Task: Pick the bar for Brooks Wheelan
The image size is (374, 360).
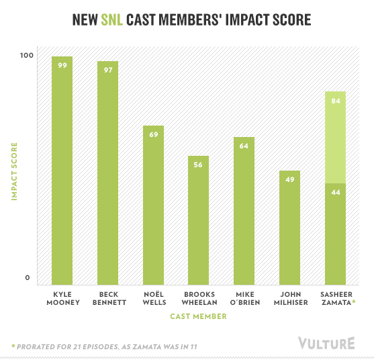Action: (x=198, y=221)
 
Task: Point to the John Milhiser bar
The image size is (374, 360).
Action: (x=289, y=228)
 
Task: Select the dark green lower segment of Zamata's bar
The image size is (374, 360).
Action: (x=334, y=235)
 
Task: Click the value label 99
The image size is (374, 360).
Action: (x=62, y=65)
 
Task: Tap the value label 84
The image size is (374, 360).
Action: (x=334, y=101)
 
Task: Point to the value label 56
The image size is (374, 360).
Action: (x=198, y=165)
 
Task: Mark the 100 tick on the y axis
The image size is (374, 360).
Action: (x=27, y=56)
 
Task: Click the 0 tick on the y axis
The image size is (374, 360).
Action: (x=27, y=278)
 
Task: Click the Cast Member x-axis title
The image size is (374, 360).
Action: (x=199, y=316)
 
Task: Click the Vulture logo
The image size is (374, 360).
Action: (x=326, y=343)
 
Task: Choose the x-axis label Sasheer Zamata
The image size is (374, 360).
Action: (x=335, y=298)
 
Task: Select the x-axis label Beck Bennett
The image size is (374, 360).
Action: (x=107, y=298)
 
